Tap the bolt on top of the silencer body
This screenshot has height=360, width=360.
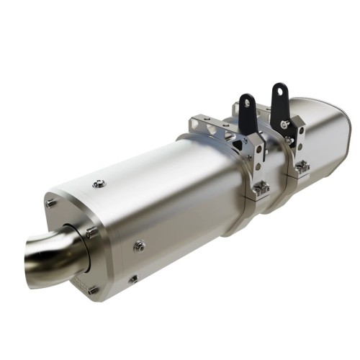pyautogui.click(x=100, y=184)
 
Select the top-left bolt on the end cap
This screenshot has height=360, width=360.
pyautogui.click(x=51, y=202)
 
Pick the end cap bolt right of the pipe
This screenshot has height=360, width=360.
pyautogui.click(x=91, y=232)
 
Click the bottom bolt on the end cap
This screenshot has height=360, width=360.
pyautogui.click(x=92, y=290)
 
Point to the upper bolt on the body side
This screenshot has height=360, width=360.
pyautogui.click(x=139, y=246)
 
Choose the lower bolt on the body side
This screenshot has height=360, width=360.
pyautogui.click(x=133, y=279)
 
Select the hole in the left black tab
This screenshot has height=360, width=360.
pyautogui.click(x=248, y=103)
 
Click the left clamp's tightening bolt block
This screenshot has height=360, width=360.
pyautogui.click(x=260, y=189)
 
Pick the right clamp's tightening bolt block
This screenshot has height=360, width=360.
pyautogui.click(x=302, y=167)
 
